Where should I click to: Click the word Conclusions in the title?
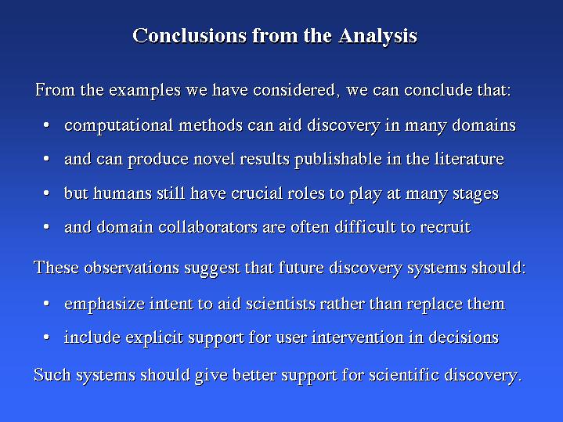coord(189,35)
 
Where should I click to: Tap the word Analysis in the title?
coord(377,36)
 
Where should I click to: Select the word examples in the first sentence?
coord(145,90)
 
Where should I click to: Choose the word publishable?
coord(338,160)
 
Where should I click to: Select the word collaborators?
coord(208,227)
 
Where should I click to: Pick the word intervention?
coord(358,337)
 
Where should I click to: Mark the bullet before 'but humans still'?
coord(46,193)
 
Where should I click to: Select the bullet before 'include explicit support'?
coord(46,337)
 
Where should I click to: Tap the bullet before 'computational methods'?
coord(46,125)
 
